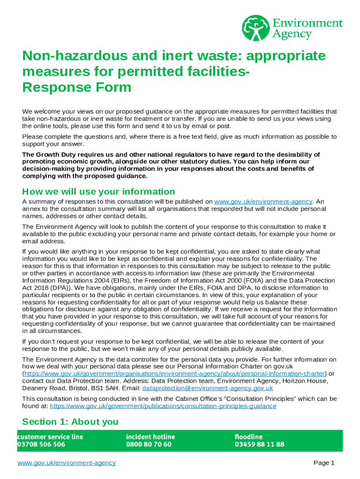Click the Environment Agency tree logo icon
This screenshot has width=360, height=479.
(256, 28)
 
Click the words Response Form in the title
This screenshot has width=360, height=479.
(77, 87)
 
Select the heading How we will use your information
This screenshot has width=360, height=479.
(99, 192)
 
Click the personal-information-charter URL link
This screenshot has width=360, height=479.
(174, 374)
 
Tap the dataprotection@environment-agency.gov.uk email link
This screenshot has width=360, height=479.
(208, 388)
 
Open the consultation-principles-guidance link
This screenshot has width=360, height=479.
(163, 406)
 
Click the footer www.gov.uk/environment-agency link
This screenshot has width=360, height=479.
(66, 463)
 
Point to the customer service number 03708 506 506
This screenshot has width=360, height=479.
(41, 444)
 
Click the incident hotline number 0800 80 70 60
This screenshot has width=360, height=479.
(149, 444)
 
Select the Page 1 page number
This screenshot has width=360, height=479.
(324, 463)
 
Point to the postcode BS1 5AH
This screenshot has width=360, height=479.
(126, 388)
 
